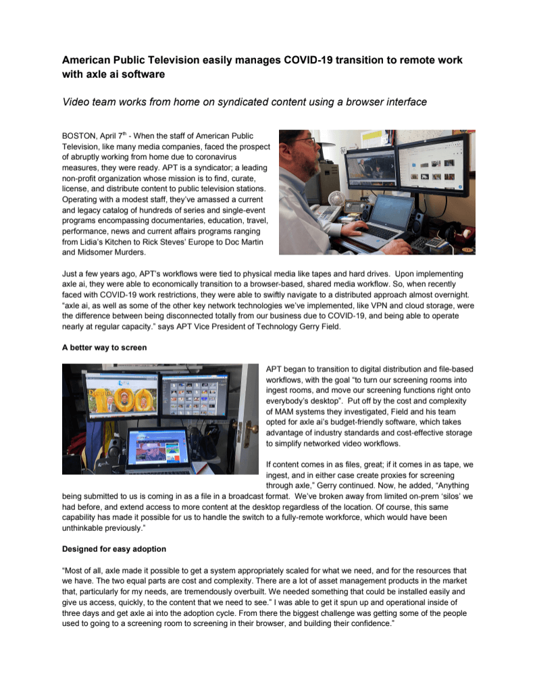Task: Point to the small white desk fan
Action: [x=335, y=201]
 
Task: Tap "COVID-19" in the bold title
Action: [x=299, y=60]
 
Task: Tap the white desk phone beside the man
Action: [x=328, y=214]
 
